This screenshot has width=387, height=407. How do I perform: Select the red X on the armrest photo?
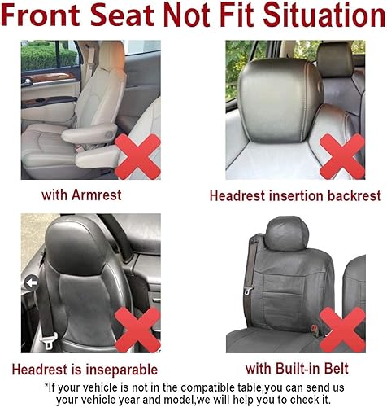pyautogui.click(x=137, y=156)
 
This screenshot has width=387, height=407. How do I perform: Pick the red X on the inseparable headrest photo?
pyautogui.click(x=137, y=330)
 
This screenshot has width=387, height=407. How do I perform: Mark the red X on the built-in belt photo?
pyautogui.click(x=342, y=330)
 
